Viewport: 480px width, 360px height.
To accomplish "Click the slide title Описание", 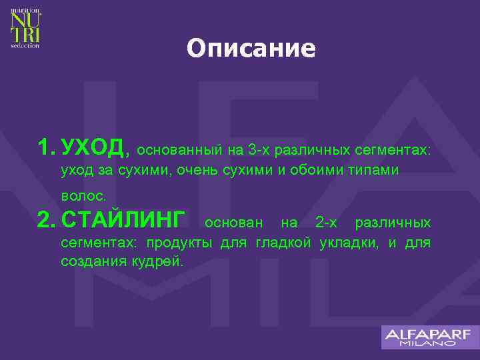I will point(251,49).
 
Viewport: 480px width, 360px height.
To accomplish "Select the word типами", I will point(376,171).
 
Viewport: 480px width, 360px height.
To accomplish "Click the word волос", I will point(83,197).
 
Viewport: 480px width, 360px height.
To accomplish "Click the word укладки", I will point(347,242).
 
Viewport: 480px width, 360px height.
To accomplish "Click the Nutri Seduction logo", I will point(25,27).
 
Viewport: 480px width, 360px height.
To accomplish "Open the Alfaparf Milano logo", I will point(429,337).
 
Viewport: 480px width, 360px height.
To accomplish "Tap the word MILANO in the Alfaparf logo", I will point(429,344).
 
